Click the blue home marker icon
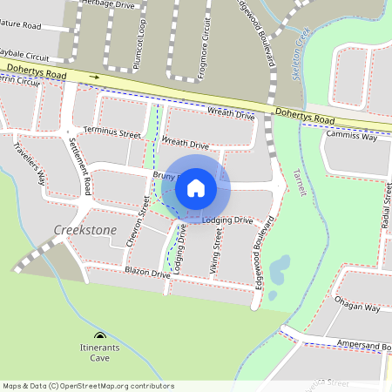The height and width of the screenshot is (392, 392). (x=196, y=186)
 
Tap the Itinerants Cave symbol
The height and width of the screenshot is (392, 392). (x=99, y=337)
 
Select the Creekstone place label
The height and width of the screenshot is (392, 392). (x=84, y=229)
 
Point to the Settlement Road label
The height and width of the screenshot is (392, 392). (x=81, y=165)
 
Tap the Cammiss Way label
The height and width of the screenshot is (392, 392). (x=351, y=137)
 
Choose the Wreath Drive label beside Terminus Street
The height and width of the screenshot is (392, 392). (x=186, y=144)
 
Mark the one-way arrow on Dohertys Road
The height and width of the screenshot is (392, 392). (x=94, y=77)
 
